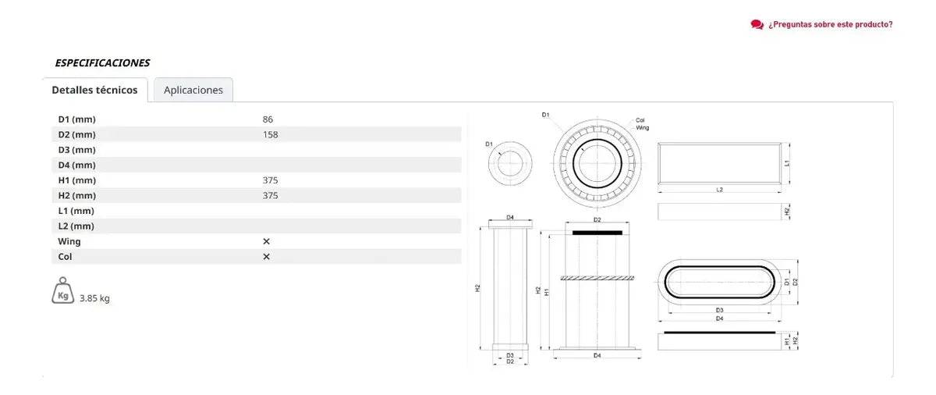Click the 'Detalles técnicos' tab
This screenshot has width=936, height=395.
coord(94,90)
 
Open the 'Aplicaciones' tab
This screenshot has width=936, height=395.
coord(193,90)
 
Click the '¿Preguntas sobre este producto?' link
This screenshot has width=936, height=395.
coord(830,25)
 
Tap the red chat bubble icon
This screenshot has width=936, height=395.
coord(757,25)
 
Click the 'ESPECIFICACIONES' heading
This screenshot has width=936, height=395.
coord(102,62)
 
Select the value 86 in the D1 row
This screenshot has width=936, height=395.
coord(268,119)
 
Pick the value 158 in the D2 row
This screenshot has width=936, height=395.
coord(271,134)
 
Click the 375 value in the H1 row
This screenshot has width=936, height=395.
coord(271,180)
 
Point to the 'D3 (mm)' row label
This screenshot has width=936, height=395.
coord(77,150)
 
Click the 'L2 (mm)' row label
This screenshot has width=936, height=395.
coord(76,226)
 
